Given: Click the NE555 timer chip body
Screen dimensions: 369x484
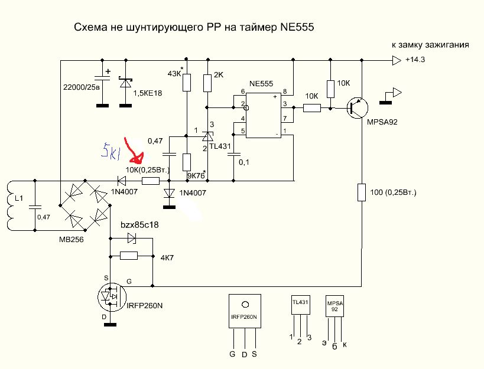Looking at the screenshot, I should [263, 113].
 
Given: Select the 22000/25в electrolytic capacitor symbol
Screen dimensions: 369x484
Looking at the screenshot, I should [103, 80].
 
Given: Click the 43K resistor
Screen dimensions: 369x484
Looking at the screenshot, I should [186, 82].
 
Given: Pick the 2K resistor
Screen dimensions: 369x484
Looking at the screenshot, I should [207, 83].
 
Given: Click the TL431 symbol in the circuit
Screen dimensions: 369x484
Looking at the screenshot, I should [207, 137].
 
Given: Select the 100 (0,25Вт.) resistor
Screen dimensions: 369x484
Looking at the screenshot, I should [361, 192].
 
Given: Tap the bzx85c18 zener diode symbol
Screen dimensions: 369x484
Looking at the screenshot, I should [131, 239].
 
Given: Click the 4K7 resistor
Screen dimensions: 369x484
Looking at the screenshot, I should [128, 256].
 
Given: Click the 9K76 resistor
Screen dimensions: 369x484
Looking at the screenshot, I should [186, 162].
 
